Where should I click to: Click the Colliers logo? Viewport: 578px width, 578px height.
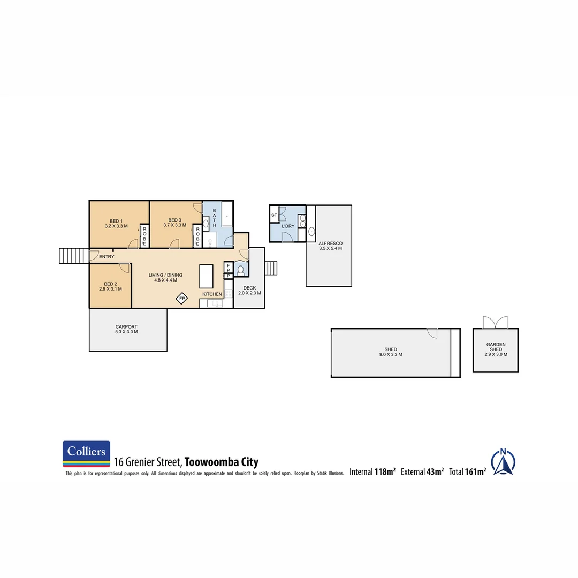point(86,454)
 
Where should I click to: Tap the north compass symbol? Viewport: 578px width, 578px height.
point(503,462)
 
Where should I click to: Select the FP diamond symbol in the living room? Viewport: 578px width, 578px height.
point(182,298)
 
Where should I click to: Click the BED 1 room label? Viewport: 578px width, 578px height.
point(116,224)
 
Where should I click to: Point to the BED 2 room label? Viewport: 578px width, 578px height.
point(110,286)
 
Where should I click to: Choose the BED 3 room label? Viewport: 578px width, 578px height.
point(174,223)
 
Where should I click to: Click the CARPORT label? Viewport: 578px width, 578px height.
point(127,329)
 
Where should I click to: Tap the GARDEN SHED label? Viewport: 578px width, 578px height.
point(496,349)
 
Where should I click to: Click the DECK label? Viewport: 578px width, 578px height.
point(249,291)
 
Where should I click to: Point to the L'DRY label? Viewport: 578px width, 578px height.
point(288,226)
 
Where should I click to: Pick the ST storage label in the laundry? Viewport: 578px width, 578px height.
point(274,215)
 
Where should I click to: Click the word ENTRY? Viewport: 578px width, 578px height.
point(107,257)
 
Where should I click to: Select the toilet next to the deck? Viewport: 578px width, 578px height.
point(240,270)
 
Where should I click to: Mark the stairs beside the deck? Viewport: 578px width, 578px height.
point(271,268)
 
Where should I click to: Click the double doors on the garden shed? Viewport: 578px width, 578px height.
point(495,322)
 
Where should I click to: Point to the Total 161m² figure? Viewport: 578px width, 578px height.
point(468,471)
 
